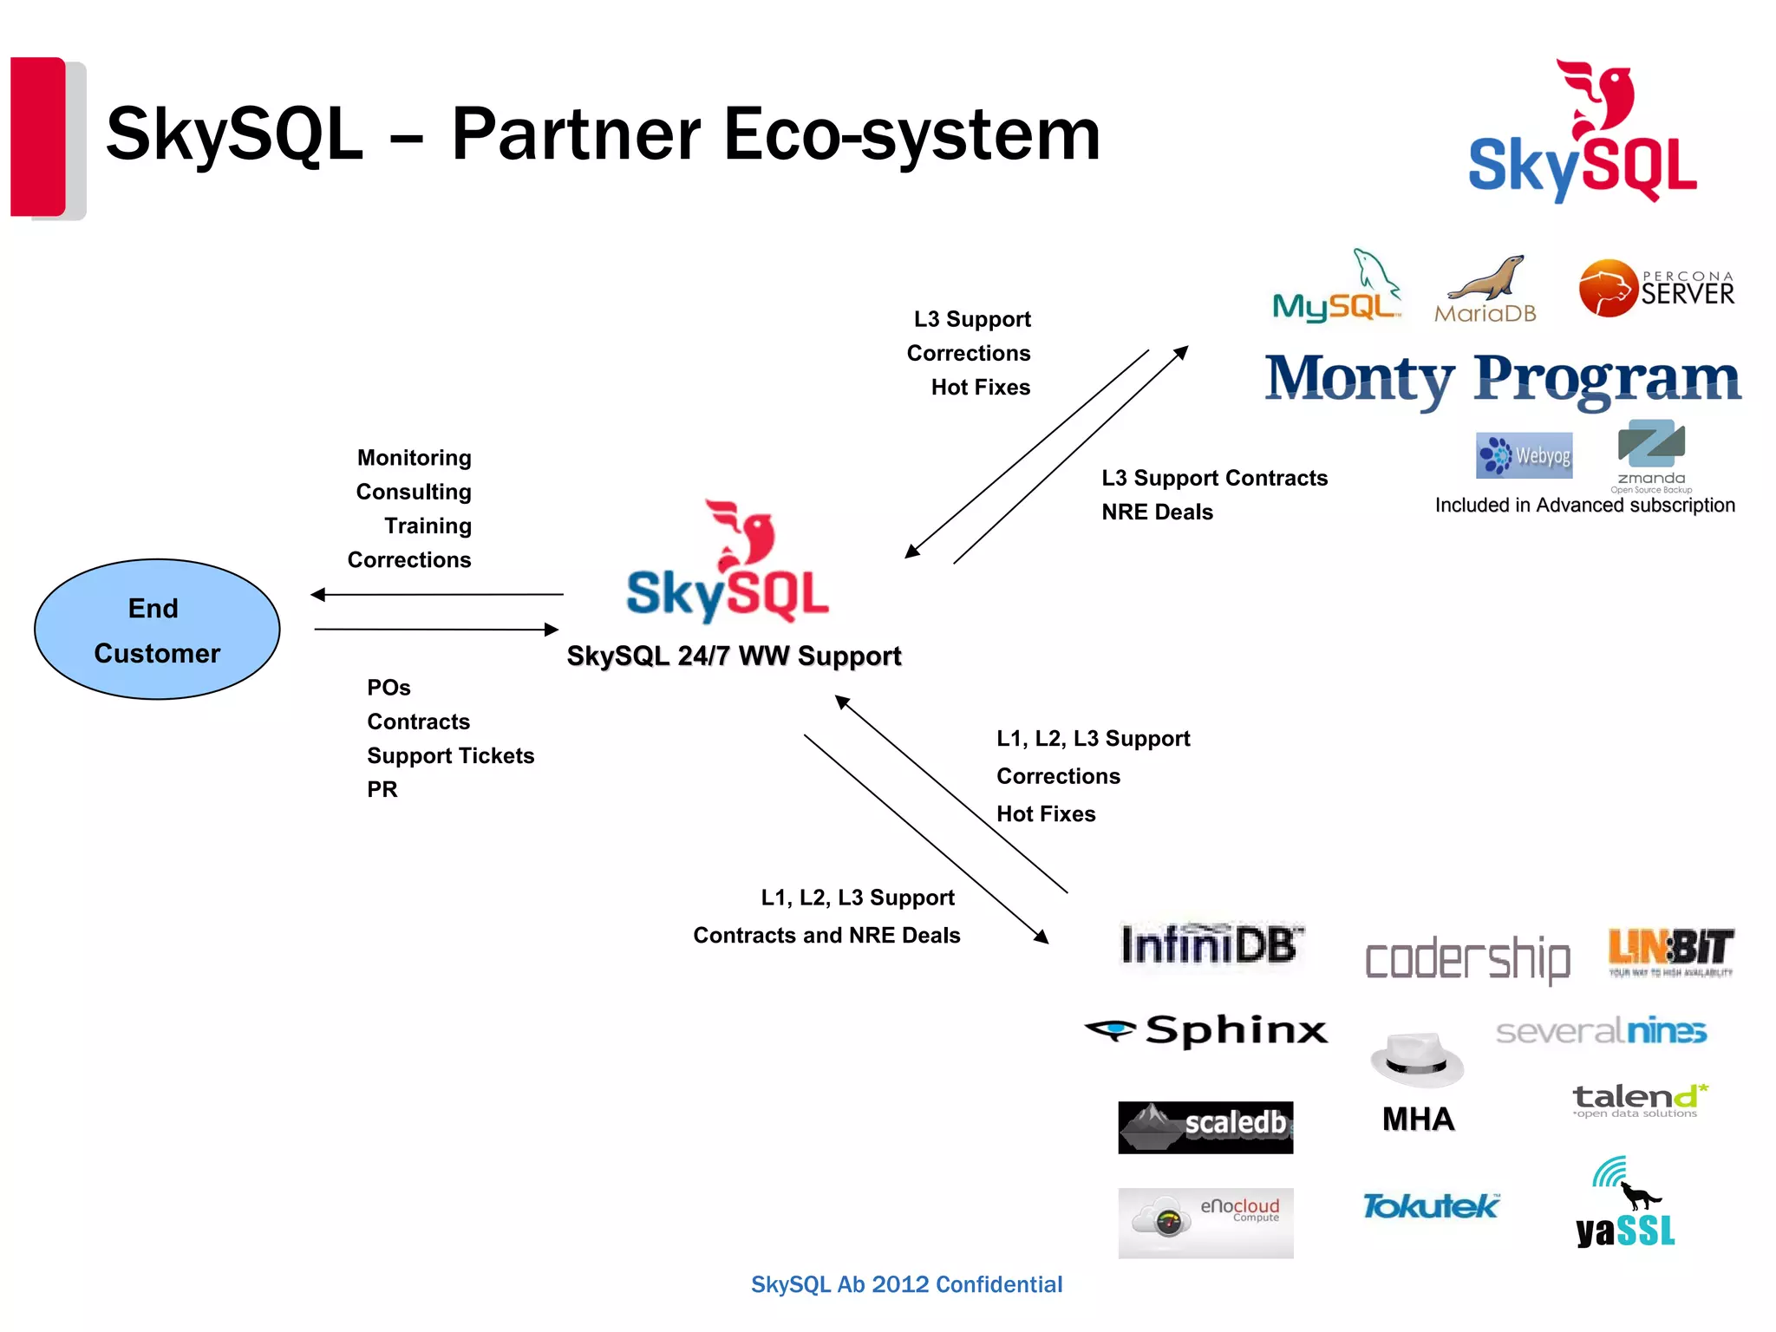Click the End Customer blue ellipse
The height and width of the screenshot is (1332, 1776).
click(157, 630)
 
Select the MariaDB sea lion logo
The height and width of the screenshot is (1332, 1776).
click(1485, 291)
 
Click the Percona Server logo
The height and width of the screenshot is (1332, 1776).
click(1656, 288)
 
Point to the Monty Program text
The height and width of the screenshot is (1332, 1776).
click(1502, 379)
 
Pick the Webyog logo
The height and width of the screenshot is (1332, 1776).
click(1524, 455)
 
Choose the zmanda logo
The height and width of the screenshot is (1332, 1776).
click(1651, 454)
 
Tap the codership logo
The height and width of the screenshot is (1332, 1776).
click(1467, 959)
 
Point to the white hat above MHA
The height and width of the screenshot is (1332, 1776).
click(1417, 1060)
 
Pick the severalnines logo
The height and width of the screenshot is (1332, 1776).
click(1601, 1031)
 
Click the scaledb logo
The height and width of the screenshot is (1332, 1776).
click(1205, 1126)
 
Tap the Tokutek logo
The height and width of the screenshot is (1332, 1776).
click(1430, 1206)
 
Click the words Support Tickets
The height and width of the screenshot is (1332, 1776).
click(450, 756)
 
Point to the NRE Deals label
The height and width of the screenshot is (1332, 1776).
click(1157, 513)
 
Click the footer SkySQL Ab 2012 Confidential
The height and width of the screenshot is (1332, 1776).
click(906, 1284)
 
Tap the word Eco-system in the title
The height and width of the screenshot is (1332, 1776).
click(911, 134)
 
